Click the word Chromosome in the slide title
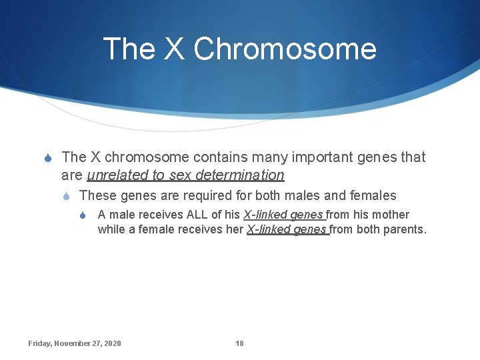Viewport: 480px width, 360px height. pyautogui.click(x=285, y=49)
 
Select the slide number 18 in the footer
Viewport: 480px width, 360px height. pyautogui.click(x=239, y=343)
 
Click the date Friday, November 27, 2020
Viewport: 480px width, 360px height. pyautogui.click(x=75, y=343)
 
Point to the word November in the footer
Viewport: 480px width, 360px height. pyautogui.click(x=74, y=343)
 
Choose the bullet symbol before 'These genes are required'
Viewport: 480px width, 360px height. pyautogui.click(x=67, y=196)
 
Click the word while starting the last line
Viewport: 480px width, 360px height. pyautogui.click(x=111, y=229)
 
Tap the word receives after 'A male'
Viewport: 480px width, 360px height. pyautogui.click(x=156, y=215)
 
